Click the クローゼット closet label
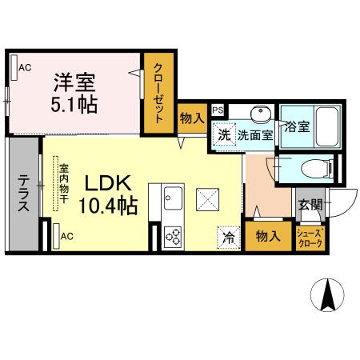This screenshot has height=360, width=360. (158, 91)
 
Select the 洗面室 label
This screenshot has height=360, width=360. (254, 135)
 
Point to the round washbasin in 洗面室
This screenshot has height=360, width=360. (260, 113)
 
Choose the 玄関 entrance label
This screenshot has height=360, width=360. (310, 205)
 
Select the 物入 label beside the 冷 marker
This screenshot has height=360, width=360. (266, 236)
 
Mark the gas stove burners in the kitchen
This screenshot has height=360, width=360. (174, 235)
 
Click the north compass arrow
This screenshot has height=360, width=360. (328, 295)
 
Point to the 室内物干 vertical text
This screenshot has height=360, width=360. (62, 186)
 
